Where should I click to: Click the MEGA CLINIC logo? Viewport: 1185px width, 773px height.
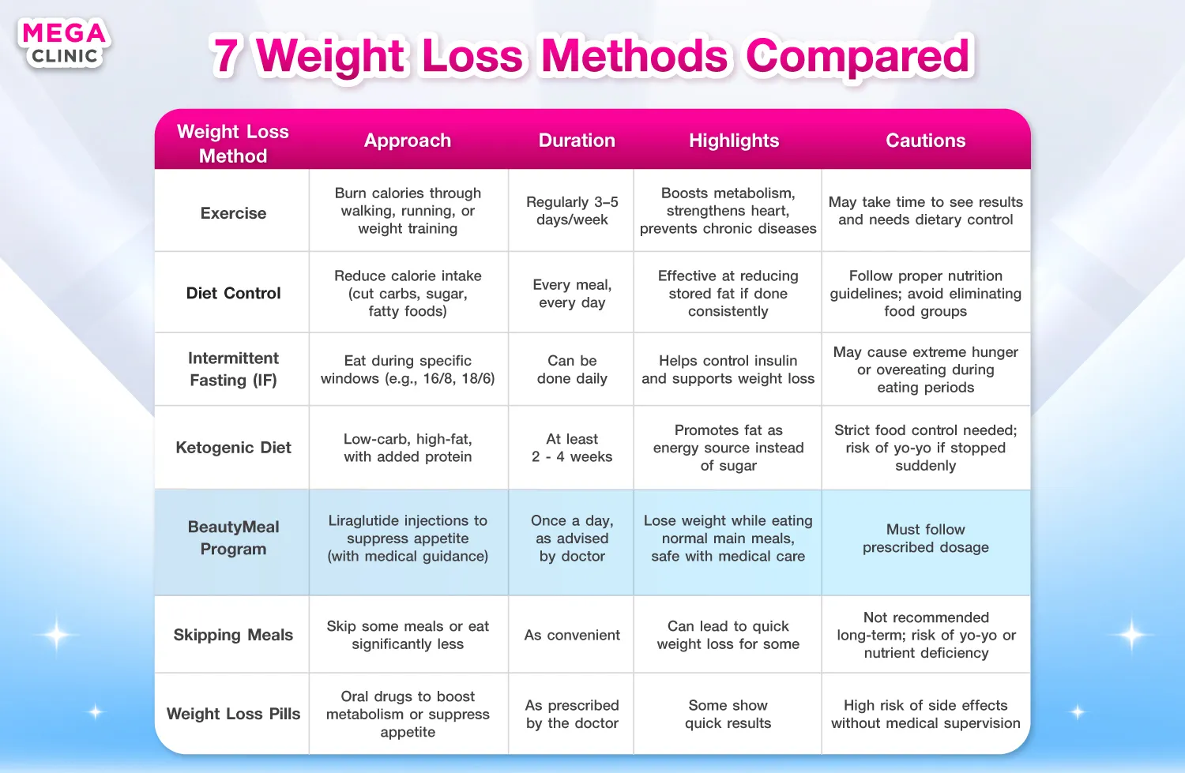pyautogui.click(x=64, y=43)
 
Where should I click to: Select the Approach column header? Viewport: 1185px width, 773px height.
pyautogui.click(x=408, y=140)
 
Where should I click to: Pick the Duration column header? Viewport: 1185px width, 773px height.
pyautogui.click(x=577, y=140)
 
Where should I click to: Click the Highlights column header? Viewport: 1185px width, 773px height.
pyautogui.click(x=734, y=140)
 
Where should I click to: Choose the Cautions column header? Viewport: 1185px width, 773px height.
pyautogui.click(x=925, y=140)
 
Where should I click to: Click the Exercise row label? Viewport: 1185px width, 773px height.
pyautogui.click(x=233, y=213)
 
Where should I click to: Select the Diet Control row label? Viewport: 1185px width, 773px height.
pyautogui.click(x=233, y=293)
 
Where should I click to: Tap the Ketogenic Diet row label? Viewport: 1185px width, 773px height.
pyautogui.click(x=233, y=448)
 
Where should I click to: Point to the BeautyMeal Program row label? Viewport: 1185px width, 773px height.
pyautogui.click(x=233, y=538)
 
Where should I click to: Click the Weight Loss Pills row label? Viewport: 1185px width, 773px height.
pyautogui.click(x=233, y=714)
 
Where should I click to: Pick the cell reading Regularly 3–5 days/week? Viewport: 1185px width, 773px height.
pyautogui.click(x=572, y=211)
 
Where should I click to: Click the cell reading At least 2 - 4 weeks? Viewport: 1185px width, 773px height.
pyautogui.click(x=572, y=448)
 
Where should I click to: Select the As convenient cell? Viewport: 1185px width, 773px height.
pyautogui.click(x=572, y=635)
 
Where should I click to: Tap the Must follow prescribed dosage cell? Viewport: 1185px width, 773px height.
pyautogui.click(x=925, y=538)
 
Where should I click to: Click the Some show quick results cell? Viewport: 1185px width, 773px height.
pyautogui.click(x=728, y=714)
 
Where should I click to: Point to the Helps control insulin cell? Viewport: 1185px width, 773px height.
pyautogui.click(x=728, y=369)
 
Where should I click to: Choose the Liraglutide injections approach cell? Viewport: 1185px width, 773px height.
pyautogui.click(x=408, y=538)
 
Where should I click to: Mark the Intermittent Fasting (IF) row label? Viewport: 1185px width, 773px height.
pyautogui.click(x=233, y=369)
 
